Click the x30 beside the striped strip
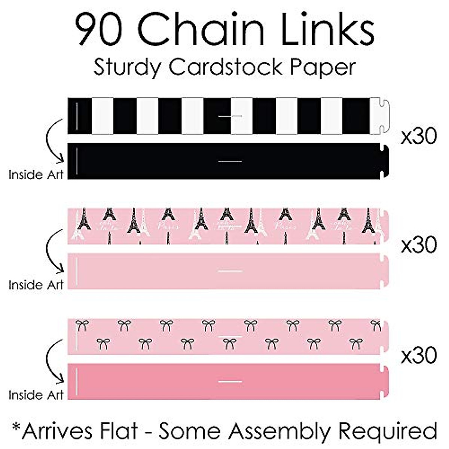pyautogui.click(x=418, y=137)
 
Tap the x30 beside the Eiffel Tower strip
pyautogui.click(x=418, y=245)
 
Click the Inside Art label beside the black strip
pyautogui.click(x=36, y=174)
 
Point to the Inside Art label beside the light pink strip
pyautogui.click(x=36, y=285)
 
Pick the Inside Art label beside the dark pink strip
pyautogui.click(x=36, y=395)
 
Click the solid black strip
pyautogui.click(x=150, y=161)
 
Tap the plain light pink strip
pyautogui.click(x=150, y=271)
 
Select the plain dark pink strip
pyautogui.click(x=150, y=381)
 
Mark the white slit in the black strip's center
pyautogui.click(x=230, y=161)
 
